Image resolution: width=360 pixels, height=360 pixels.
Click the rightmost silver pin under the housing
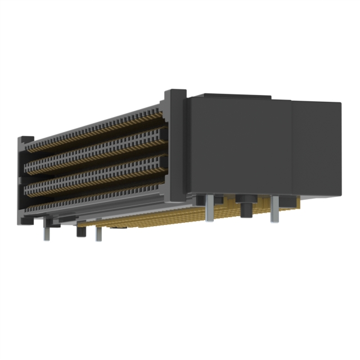tap(274, 210)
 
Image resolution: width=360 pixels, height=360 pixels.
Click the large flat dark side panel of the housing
tap(239, 146)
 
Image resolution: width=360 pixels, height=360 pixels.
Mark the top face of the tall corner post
tap(175, 91)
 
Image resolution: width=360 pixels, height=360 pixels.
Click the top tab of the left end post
tap(26, 138)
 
